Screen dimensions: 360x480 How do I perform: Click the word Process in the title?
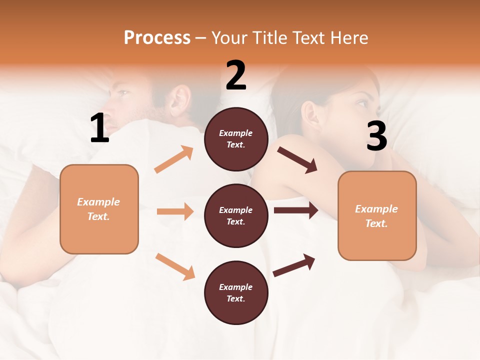click(x=157, y=38)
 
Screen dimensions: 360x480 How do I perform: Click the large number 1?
click(x=99, y=128)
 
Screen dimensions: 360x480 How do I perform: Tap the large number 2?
click(x=236, y=75)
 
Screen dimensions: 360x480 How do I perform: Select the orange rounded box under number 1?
click(x=99, y=209)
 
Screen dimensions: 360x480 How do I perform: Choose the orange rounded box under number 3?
click(x=377, y=215)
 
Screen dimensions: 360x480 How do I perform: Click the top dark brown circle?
click(x=236, y=138)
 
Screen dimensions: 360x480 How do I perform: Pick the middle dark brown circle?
click(x=236, y=215)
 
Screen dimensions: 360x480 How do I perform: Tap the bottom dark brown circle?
click(x=236, y=292)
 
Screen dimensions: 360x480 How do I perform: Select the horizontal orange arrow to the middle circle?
click(x=175, y=211)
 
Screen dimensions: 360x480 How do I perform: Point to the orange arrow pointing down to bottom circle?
click(x=175, y=266)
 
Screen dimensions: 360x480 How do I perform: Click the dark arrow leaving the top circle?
click(x=297, y=159)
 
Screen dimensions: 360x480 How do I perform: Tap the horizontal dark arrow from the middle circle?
click(x=295, y=210)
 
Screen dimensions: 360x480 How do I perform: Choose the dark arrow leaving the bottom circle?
click(x=294, y=266)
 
